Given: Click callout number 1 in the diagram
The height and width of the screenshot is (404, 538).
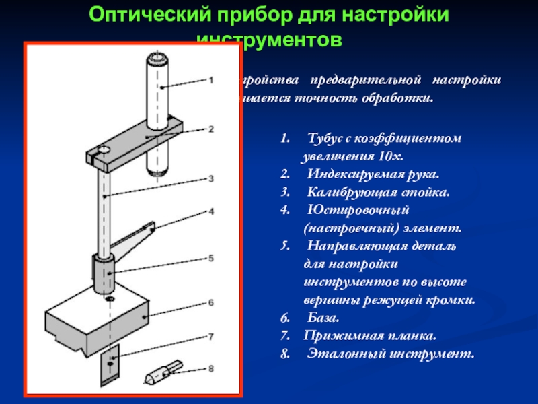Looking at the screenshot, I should (x=210, y=79).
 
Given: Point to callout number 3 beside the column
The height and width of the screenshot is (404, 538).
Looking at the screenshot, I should (x=210, y=179).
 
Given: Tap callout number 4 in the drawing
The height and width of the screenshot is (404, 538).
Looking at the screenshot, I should (x=210, y=211).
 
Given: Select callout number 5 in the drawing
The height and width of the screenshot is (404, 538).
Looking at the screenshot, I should (x=210, y=258).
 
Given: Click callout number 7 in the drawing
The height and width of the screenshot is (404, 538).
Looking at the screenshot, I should (x=210, y=336).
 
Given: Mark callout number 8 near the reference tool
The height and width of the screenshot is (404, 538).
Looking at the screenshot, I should (x=210, y=368).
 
